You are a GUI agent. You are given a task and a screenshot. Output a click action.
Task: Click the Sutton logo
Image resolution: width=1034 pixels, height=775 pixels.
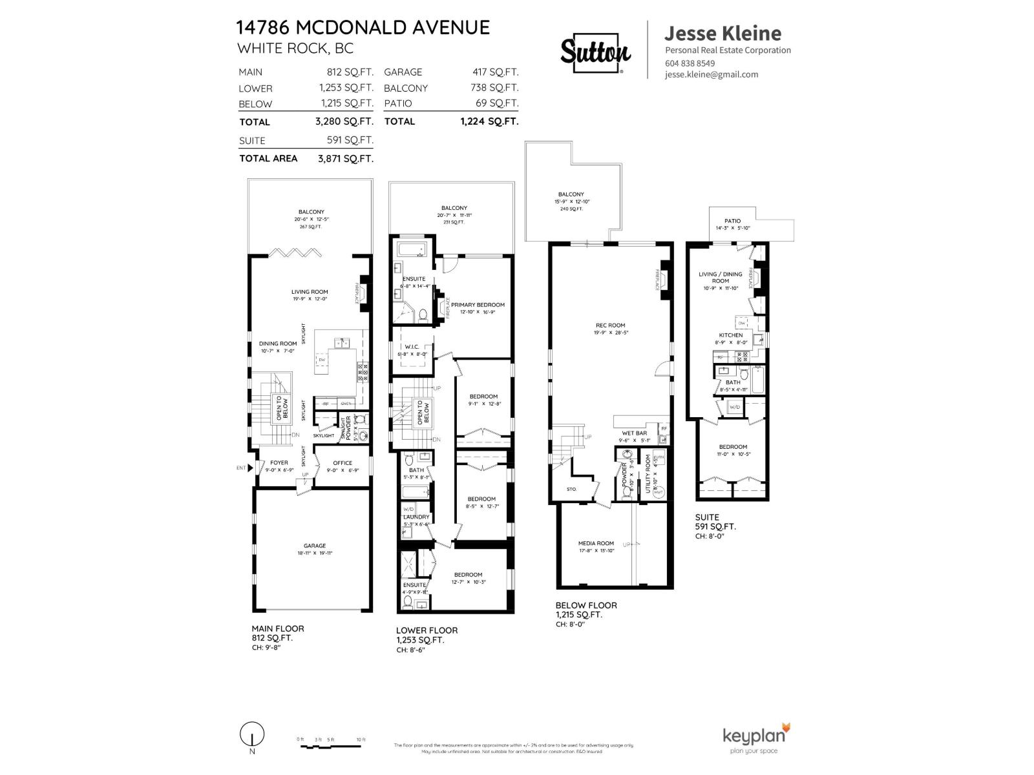595,51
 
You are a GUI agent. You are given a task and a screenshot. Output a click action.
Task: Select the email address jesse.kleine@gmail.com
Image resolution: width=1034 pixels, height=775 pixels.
712,74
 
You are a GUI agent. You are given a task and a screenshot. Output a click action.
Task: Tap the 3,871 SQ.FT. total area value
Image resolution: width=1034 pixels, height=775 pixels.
345,158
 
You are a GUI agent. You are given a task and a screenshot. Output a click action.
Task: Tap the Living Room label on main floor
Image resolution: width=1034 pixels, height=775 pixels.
310,292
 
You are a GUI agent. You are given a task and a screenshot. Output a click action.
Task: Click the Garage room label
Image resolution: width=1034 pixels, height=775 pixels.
315,546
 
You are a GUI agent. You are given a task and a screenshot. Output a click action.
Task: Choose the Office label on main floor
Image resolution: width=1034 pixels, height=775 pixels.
343,463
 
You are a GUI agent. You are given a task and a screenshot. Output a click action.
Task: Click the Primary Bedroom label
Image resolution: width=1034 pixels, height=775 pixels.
478,305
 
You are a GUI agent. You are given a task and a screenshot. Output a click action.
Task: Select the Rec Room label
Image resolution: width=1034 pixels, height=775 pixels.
610,325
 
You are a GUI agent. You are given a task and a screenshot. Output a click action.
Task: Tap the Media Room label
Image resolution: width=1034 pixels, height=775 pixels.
596,543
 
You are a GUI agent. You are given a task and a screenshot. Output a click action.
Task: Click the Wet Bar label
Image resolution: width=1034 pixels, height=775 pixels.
634,433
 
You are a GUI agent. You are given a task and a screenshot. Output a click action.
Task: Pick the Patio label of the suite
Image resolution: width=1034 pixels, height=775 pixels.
732,221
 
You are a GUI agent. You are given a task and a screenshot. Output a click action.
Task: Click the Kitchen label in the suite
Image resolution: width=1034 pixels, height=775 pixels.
730,335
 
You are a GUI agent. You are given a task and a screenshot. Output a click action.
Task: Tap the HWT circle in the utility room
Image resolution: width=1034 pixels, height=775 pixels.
659,492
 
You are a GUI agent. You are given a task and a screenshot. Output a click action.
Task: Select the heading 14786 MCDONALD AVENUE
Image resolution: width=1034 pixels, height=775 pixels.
363,27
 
